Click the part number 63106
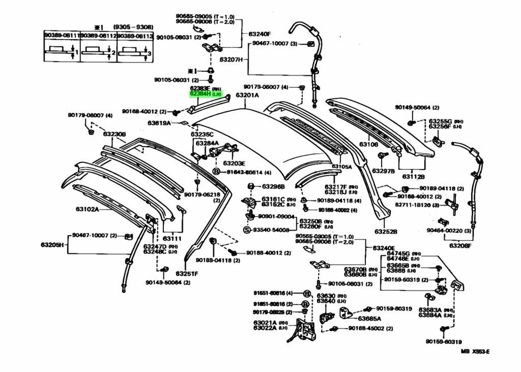pos(368,144)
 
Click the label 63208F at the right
pos(461,245)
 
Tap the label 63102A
pos(87,209)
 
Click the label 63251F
pos(187,273)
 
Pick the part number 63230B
pos(115,134)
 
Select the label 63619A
pos(159,123)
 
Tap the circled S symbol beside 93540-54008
pos(246,230)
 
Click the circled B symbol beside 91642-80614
pos(216,172)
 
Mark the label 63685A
pos(369,319)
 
